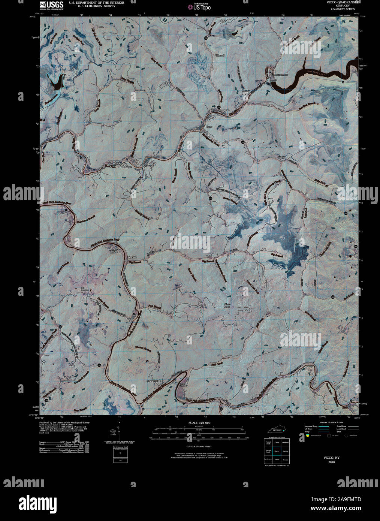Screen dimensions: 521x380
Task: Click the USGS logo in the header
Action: (52, 4)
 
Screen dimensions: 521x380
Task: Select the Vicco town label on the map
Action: (208, 127)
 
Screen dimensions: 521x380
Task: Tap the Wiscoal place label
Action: (220, 55)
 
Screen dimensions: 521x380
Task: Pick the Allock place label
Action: (167, 83)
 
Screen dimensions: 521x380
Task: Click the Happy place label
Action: (117, 164)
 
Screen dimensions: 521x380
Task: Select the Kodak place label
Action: (282, 157)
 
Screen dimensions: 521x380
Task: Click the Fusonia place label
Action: (132, 258)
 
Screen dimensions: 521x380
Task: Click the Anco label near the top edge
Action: (224, 20)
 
